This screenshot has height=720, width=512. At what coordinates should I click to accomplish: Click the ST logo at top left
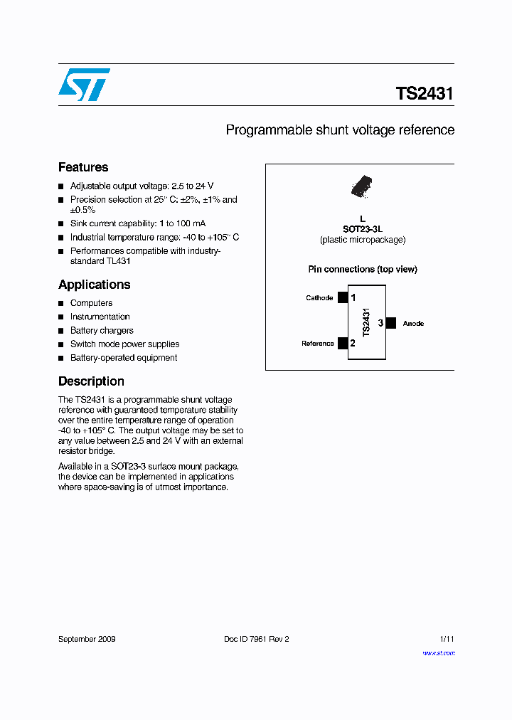(x=84, y=85)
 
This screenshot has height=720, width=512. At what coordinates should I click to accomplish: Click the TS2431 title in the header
(x=425, y=94)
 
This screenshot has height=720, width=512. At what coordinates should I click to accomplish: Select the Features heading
(x=83, y=167)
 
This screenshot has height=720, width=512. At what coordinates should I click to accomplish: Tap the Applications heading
(x=94, y=285)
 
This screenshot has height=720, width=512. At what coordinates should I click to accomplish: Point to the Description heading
(x=91, y=381)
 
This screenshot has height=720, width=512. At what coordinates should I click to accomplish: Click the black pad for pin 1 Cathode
(x=343, y=297)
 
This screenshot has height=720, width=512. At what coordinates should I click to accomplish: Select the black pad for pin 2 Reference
(x=343, y=344)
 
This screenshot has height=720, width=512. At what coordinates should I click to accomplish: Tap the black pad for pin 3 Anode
(x=390, y=323)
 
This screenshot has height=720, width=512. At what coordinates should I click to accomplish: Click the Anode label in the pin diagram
(x=413, y=324)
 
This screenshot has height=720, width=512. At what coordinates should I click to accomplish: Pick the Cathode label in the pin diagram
(x=319, y=298)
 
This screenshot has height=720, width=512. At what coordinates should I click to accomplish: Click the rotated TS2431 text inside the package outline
(x=366, y=322)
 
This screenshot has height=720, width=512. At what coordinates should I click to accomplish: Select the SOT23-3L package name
(x=363, y=229)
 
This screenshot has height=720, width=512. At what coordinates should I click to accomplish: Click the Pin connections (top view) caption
(x=363, y=270)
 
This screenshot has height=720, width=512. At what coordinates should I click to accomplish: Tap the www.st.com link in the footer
(x=438, y=652)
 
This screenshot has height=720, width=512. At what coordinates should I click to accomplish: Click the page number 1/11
(x=447, y=639)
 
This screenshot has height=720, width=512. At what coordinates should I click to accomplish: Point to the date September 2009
(x=87, y=639)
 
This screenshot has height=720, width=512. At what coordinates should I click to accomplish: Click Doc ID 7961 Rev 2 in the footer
(x=257, y=639)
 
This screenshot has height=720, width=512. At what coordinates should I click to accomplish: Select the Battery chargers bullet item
(x=102, y=331)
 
